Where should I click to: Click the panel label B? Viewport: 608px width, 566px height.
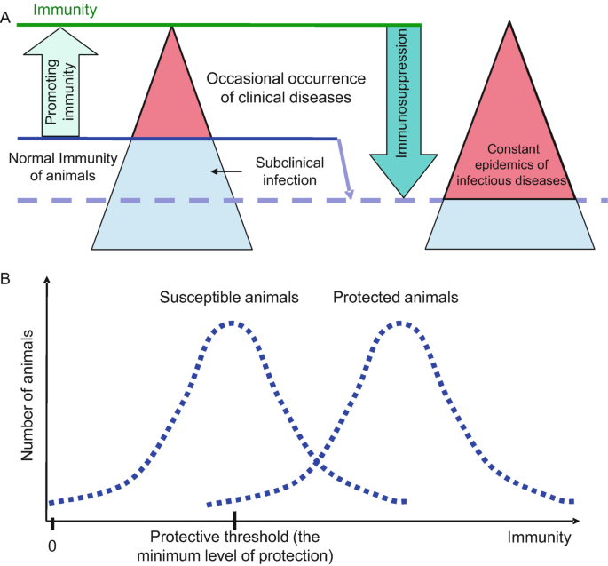7,278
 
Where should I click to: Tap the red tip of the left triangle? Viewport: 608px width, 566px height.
171,98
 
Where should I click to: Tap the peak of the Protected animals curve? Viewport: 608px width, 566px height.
401,323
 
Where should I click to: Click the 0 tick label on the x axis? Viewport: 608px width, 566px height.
54,538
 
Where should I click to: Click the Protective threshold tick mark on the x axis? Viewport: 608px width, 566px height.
234,521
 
